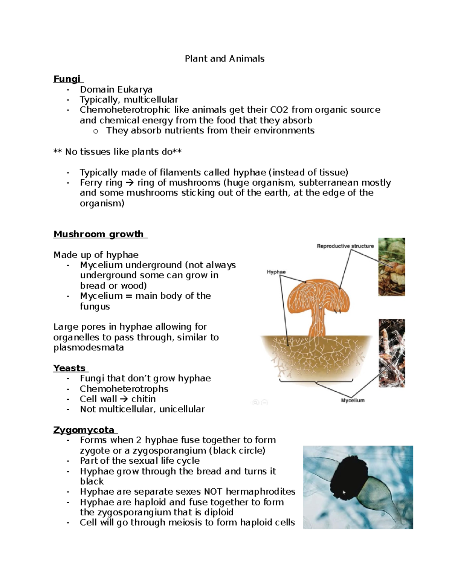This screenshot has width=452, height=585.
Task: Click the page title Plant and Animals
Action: coord(224,59)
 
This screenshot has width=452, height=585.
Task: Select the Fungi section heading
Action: coord(67,79)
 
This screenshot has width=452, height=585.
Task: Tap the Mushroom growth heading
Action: coord(99,234)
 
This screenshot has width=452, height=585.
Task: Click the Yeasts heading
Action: coord(70,368)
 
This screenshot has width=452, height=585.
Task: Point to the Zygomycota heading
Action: coord(84,430)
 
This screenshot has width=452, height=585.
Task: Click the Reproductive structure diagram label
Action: coord(345,246)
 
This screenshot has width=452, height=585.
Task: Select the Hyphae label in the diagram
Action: coord(276,272)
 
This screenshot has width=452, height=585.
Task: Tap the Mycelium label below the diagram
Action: coord(353,400)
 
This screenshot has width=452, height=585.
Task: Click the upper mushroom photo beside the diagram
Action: coord(391,266)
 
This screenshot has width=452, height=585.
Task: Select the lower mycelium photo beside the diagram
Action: coord(391,353)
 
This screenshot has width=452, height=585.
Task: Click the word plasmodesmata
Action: coord(89,347)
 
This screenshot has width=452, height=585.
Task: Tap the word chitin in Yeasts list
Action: coord(144,399)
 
